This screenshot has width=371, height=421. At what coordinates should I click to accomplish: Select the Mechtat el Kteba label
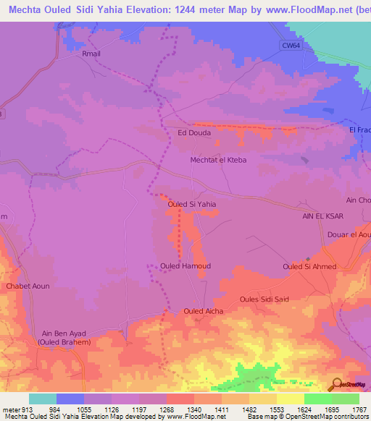pos(218,159)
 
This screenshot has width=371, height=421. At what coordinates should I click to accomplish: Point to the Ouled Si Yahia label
pos(192,204)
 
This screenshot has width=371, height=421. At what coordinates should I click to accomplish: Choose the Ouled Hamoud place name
pos(185,265)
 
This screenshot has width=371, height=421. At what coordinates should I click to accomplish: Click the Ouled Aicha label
pos(203,311)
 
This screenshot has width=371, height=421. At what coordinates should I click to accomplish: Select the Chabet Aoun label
pos(28,286)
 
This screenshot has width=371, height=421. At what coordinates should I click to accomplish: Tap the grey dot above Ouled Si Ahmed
pos(308,258)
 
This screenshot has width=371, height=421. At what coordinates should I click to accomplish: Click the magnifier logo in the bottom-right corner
pos(335,383)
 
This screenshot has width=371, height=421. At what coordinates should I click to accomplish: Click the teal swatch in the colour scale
pos(43,399)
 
